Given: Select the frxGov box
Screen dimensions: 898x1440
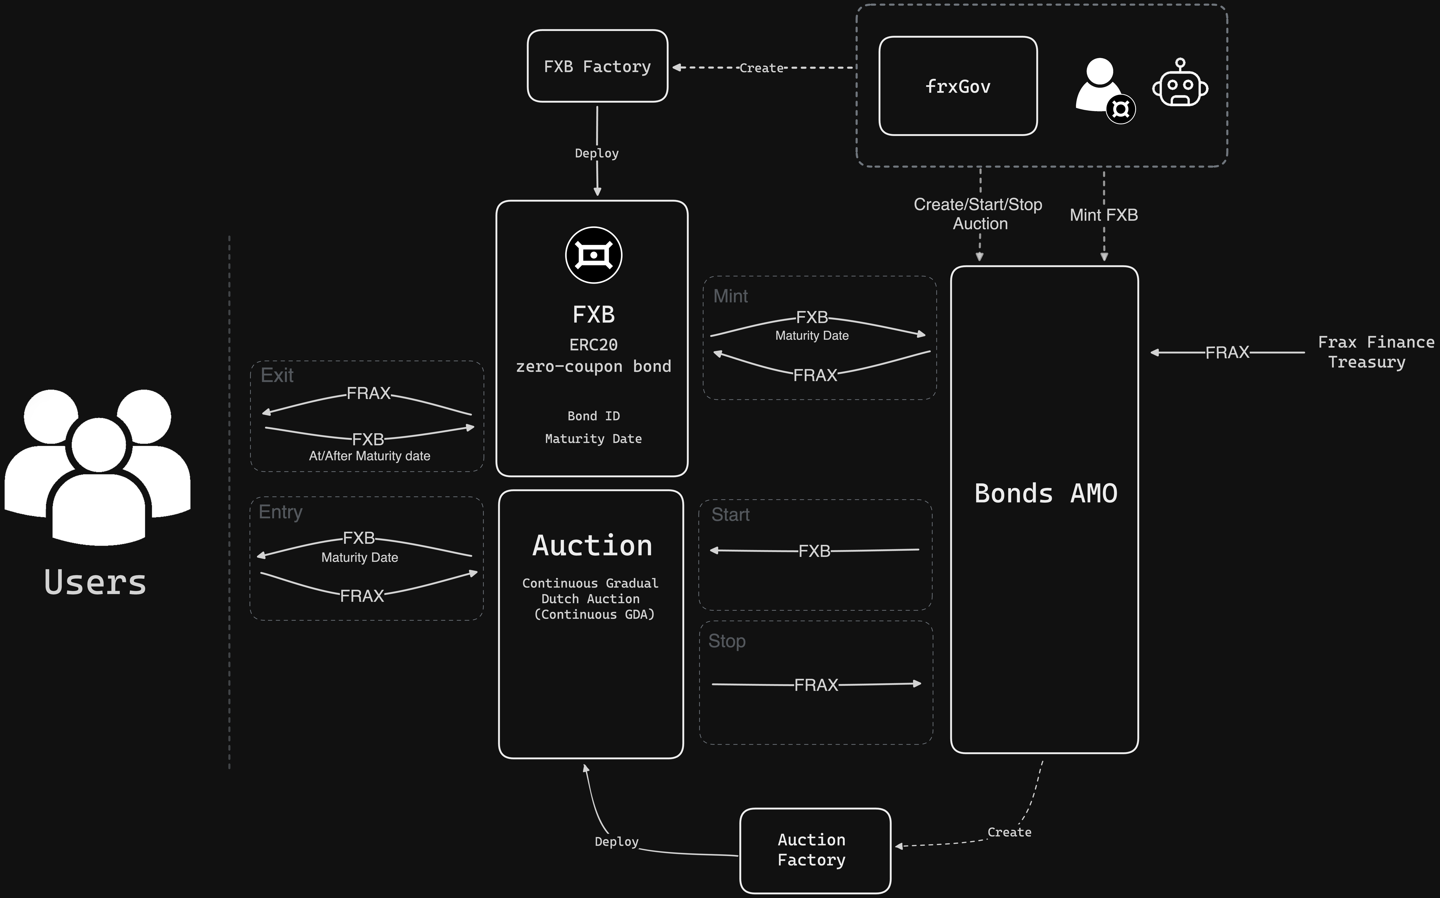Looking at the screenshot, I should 957,86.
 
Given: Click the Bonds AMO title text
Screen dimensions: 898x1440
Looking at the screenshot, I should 1045,494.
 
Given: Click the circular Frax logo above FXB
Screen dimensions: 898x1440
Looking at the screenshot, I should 594,255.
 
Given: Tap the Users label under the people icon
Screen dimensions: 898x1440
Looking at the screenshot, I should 95,582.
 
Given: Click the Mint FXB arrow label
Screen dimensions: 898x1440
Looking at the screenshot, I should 1103,215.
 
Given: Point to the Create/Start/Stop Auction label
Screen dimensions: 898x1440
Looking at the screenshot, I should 978,214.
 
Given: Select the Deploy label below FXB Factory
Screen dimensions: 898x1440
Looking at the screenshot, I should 597,153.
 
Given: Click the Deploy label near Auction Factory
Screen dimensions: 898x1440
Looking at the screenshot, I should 616,842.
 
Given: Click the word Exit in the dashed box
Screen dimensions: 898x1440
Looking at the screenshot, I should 277,375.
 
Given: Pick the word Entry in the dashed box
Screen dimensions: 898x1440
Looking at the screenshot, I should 280,512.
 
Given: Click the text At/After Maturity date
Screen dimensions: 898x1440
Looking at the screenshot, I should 369,456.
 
